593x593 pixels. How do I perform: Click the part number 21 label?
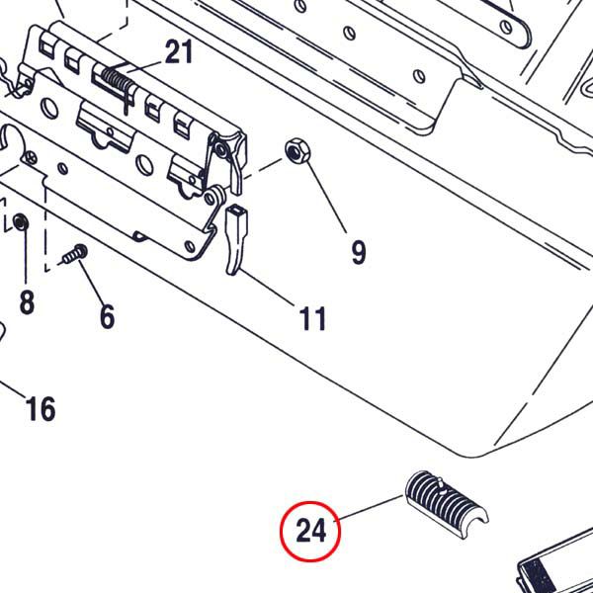pyautogui.click(x=179, y=51)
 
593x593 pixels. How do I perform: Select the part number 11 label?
pyautogui.click(x=312, y=318)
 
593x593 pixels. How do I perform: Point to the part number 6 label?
pyautogui.click(x=107, y=316)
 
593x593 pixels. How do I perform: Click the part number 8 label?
pyautogui.click(x=27, y=302)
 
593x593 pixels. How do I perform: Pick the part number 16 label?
pyautogui.click(x=41, y=407)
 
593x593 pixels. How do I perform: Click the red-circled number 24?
pyautogui.click(x=310, y=532)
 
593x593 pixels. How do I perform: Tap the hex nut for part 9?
pyautogui.click(x=295, y=150)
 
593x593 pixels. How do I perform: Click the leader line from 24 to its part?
pyautogui.click(x=371, y=508)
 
